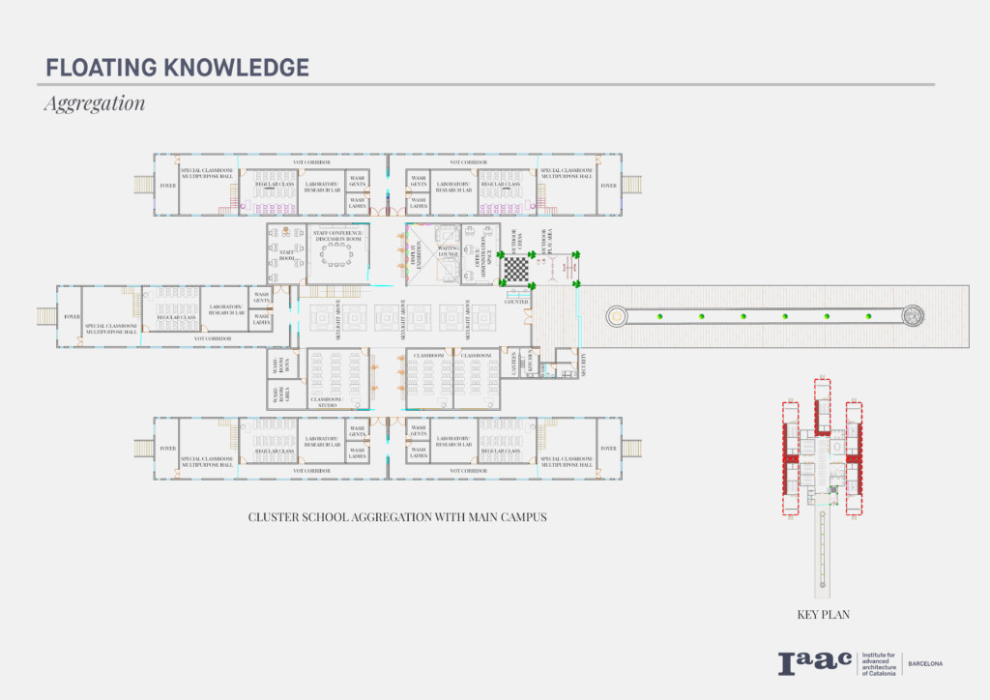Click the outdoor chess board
517,269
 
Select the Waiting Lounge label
447,253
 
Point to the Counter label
516,302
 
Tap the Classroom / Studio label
326,402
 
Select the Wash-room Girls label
275,394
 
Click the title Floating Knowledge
177,68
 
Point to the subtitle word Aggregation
94,102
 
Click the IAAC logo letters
814,663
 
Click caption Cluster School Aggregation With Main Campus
397,517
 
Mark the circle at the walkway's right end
912,315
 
